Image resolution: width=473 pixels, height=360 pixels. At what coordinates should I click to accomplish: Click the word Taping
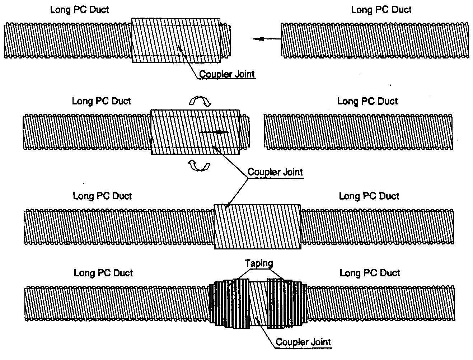259,263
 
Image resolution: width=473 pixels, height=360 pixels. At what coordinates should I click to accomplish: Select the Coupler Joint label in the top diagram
227,74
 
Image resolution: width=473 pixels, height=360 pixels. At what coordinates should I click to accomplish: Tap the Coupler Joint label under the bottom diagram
303,342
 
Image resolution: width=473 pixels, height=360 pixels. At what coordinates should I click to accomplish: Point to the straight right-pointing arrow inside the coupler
214,132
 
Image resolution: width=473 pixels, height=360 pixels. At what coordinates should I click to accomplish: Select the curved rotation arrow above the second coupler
200,102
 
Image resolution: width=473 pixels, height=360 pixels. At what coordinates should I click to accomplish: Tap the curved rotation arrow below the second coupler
199,166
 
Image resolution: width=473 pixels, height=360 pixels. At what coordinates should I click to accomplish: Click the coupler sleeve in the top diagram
176,40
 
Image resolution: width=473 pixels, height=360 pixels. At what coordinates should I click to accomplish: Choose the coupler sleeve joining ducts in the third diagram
257,226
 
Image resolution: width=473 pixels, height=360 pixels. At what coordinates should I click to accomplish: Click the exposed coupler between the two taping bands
258,304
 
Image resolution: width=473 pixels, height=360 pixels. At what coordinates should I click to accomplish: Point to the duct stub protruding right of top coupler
225,40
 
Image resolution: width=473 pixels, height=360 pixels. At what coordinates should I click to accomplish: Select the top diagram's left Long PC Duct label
79,10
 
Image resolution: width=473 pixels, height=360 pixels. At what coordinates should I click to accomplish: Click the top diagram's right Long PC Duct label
381,10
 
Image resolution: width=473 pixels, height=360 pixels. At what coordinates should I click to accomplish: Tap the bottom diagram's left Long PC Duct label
103,273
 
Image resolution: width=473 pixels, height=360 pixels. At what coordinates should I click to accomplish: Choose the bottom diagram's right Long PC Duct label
370,273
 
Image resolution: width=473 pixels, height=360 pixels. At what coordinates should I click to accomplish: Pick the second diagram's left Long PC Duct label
102,101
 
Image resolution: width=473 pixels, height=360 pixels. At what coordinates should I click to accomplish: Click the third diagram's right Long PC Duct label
369,196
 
